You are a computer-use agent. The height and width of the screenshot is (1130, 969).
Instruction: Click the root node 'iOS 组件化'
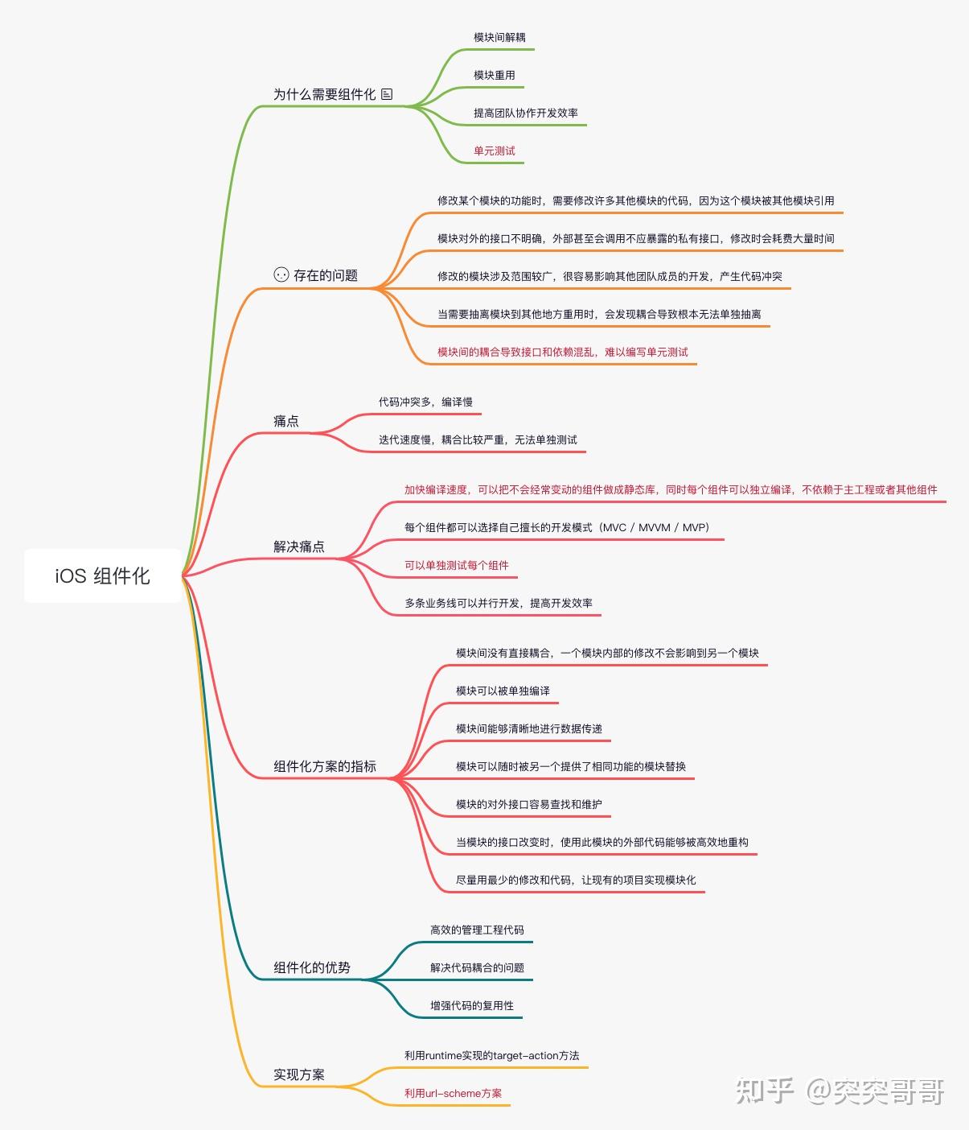click(x=103, y=575)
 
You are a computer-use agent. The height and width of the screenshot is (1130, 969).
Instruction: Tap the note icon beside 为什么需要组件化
click(x=387, y=94)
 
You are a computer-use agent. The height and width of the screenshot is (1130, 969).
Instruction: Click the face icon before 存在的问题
click(x=281, y=274)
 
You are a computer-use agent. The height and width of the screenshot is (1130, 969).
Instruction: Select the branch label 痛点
click(x=285, y=420)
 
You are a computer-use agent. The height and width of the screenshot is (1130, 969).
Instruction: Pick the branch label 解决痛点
click(x=299, y=546)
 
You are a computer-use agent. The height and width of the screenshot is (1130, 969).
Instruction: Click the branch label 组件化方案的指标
click(x=324, y=766)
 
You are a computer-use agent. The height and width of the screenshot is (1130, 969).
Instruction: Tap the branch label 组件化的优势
click(x=311, y=967)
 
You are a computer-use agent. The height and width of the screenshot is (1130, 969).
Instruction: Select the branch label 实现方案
click(x=299, y=1074)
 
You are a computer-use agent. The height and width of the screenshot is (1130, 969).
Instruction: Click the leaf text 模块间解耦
click(x=499, y=37)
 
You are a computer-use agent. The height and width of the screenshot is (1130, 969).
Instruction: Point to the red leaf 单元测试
click(x=494, y=151)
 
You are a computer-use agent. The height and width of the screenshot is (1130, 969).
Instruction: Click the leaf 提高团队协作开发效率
click(x=525, y=113)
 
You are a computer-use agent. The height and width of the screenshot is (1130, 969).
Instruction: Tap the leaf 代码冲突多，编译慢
click(x=425, y=402)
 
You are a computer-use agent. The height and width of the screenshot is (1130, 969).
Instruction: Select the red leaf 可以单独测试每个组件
click(x=456, y=565)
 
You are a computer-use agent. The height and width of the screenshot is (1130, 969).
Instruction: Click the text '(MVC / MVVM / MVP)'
click(x=654, y=527)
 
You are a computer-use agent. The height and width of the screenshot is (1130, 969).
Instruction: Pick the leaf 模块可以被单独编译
click(x=503, y=691)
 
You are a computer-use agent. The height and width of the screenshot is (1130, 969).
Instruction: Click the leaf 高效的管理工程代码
click(x=477, y=930)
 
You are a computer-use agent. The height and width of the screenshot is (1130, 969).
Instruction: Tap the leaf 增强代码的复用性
click(x=471, y=1004)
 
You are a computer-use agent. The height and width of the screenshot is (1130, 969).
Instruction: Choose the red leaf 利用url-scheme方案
click(x=453, y=1093)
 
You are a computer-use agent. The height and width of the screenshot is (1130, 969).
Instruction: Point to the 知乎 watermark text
click(x=764, y=1091)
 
